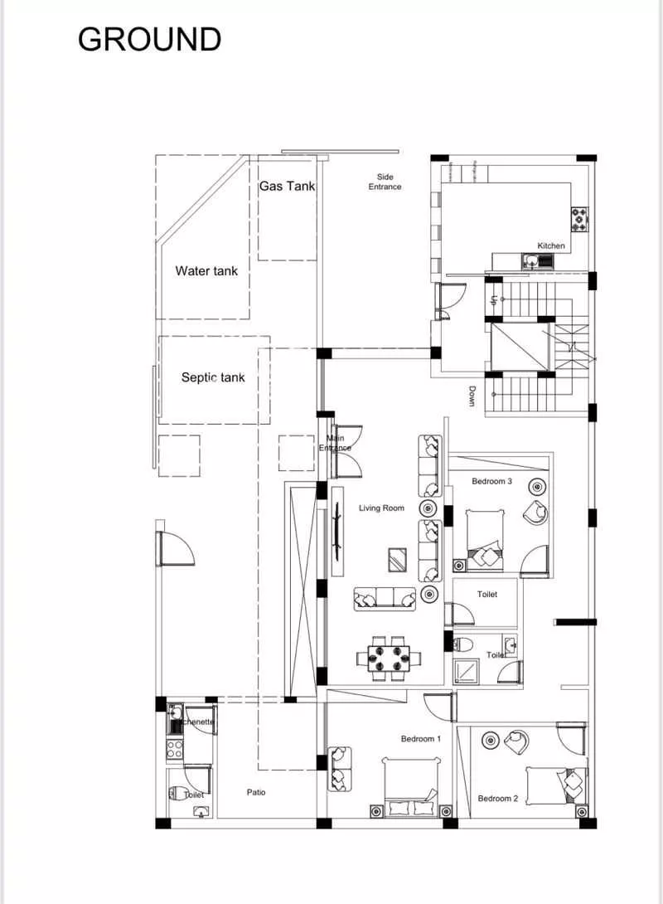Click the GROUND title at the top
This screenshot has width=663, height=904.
click(149, 39)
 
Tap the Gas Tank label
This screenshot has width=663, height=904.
click(287, 186)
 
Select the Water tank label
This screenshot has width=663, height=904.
click(206, 270)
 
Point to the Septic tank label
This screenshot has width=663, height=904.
click(213, 377)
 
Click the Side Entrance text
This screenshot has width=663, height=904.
click(385, 182)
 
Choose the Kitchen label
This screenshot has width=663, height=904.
click(551, 245)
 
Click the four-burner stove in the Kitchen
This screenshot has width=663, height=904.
click(578, 219)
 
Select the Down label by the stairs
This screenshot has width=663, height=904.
click(472, 396)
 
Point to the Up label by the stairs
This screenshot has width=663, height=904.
click(494, 301)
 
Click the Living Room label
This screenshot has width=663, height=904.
click(381, 508)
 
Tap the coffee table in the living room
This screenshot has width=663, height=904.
click(398, 561)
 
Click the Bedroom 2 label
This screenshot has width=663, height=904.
click(498, 799)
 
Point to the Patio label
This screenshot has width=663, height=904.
click(256, 792)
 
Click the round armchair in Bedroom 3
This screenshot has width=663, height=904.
click(535, 513)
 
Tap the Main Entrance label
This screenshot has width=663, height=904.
click(336, 443)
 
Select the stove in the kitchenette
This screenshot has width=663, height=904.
click(175, 749)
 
